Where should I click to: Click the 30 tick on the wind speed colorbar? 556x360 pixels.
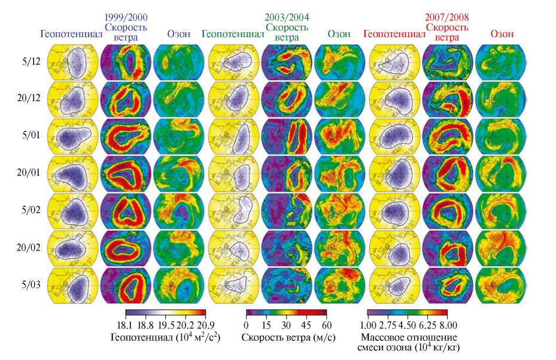pos(286,324)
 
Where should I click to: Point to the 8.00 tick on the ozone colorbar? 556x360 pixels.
pos(443,325)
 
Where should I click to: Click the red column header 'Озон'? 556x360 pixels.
pos(502,34)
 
